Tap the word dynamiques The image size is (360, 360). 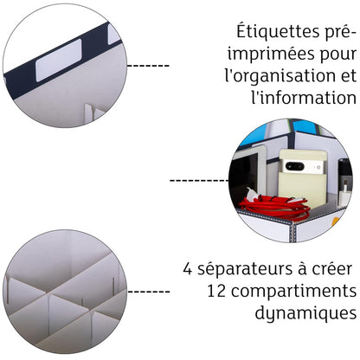tap(304, 312)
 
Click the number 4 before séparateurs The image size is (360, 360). tap(188, 269)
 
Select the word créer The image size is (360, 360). tap(329, 269)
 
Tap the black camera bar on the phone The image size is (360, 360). tap(294, 165)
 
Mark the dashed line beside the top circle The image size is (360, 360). tap(148, 65)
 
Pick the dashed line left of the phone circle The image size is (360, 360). tap(198, 181)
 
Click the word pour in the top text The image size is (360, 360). tap(337, 54)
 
